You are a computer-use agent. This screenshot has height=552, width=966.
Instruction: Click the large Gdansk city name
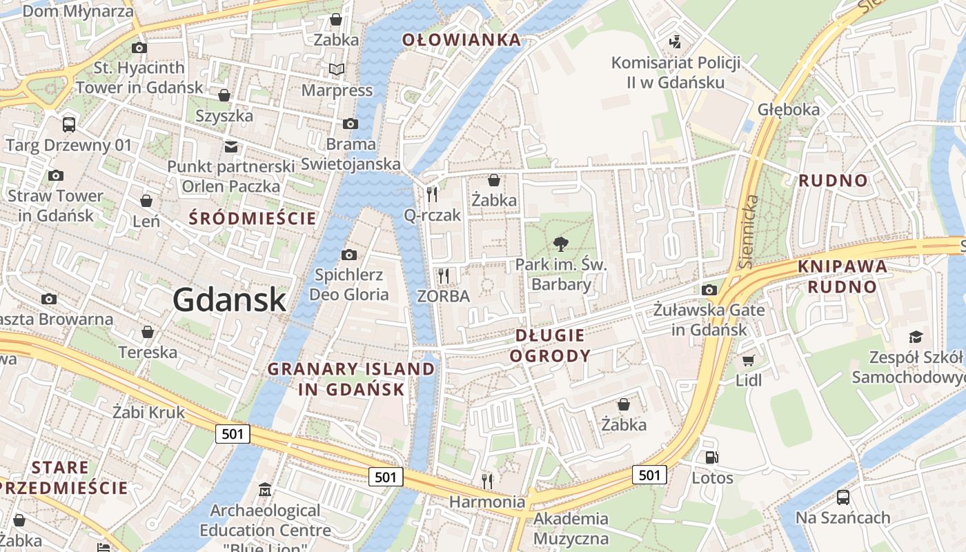coord(229,299)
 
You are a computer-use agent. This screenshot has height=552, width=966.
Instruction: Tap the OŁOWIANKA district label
coord(462,40)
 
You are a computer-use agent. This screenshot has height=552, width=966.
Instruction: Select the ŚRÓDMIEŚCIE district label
coord(253,219)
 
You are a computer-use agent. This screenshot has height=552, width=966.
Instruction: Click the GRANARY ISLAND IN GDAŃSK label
coord(351,379)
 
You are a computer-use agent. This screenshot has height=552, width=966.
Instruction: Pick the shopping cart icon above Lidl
coord(748,360)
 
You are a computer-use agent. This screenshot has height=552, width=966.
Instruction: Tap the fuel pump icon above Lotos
coord(711,457)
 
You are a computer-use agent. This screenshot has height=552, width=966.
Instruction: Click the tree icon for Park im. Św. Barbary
coord(561,243)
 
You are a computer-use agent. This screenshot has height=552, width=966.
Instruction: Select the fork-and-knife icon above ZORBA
coord(443,276)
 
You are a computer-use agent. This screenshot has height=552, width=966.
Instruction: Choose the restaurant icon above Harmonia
coord(487,480)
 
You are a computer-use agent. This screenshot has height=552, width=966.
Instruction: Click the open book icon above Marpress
coord(337,70)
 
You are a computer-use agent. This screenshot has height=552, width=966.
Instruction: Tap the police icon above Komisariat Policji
coord(676,42)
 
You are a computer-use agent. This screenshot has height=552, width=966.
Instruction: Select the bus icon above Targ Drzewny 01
coord(68,125)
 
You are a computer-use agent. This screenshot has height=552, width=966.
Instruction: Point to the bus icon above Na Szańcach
coord(842,497)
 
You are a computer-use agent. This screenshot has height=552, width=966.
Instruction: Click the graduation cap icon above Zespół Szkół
coord(916,337)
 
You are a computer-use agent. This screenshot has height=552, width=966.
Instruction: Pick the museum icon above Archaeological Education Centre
coord(265,491)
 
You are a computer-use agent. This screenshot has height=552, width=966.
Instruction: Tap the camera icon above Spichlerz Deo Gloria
coord(349,255)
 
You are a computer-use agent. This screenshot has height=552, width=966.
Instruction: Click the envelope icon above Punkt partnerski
coord(231,146)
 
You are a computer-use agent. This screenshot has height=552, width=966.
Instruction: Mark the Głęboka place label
coord(789,110)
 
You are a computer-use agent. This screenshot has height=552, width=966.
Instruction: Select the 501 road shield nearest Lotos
coord(649,475)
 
